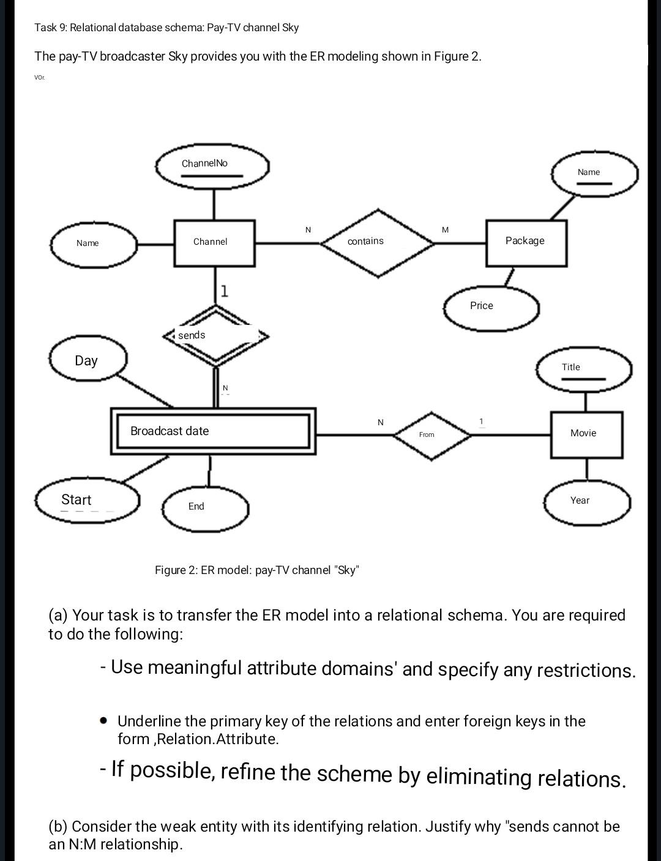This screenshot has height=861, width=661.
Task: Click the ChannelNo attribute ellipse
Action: coord(212,166)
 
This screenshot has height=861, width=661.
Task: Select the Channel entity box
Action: coord(214,243)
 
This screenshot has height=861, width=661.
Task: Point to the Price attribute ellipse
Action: coord(491,307)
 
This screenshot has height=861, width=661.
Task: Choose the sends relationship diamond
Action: coord(215,335)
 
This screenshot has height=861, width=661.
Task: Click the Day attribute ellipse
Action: coord(88,360)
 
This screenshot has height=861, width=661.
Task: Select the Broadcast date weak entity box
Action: coord(213,431)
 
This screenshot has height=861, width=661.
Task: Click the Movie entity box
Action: coord(586,434)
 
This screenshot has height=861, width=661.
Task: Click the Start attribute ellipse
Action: coord(87,501)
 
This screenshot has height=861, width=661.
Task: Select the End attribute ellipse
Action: coord(205,507)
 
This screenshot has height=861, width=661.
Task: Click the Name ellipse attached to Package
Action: coord(594,173)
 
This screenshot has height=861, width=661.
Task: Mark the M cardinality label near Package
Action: coord(445,230)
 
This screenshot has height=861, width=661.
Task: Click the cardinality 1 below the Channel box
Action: coord(225,291)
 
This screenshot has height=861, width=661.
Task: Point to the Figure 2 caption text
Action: coord(257,570)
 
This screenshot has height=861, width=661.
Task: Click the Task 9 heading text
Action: coord(166,28)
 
